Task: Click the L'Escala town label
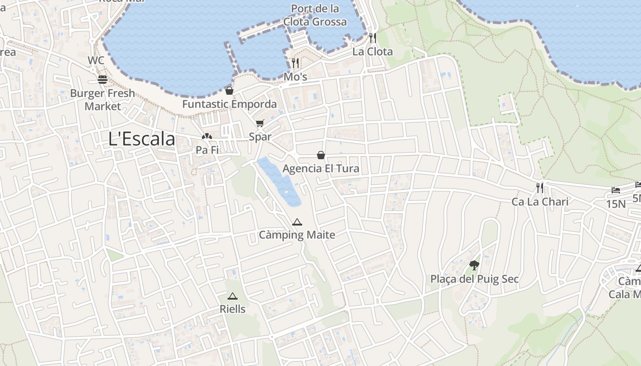click(141, 139)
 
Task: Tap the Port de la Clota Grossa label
click(315, 15)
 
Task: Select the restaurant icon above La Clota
click(373, 38)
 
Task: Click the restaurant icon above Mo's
click(295, 63)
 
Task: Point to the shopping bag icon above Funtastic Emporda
click(229, 90)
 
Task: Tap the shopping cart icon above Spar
click(260, 123)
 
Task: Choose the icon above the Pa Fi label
click(207, 136)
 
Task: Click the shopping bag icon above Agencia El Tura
click(321, 155)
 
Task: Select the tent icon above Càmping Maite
click(297, 222)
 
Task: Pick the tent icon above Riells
click(233, 296)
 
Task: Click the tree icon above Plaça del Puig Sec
click(474, 265)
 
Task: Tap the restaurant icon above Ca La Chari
click(540, 188)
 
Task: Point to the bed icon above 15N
click(615, 190)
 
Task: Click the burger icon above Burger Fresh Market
click(102, 80)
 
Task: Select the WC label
click(96, 60)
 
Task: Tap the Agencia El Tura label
click(320, 169)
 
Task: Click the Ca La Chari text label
click(540, 202)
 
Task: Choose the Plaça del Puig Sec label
click(474, 279)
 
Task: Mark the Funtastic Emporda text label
click(229, 104)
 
